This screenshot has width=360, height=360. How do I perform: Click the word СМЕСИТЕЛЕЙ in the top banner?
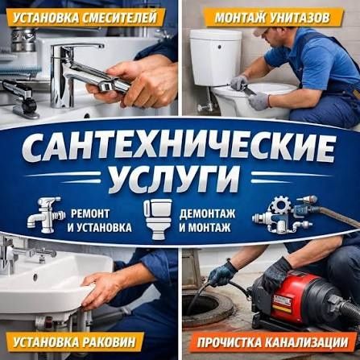click(x=119, y=18)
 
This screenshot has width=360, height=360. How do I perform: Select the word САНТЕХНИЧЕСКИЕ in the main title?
click(x=179, y=149)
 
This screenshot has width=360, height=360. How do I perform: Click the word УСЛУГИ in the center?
click(x=175, y=178)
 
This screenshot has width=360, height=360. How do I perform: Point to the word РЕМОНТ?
click(x=90, y=214)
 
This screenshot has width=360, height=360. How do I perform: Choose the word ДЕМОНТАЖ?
click(x=207, y=214)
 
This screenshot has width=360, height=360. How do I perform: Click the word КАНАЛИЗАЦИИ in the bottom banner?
click(x=305, y=342)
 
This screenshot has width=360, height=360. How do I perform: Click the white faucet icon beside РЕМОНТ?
click(x=46, y=215)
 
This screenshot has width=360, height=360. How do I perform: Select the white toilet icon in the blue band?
click(x=158, y=219)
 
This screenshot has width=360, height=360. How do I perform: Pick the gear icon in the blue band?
click(x=279, y=206)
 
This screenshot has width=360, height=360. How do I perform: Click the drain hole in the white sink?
click(x=35, y=275)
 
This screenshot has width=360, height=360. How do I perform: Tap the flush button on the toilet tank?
click(x=219, y=48)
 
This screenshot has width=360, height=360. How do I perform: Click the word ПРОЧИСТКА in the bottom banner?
click(x=229, y=343)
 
